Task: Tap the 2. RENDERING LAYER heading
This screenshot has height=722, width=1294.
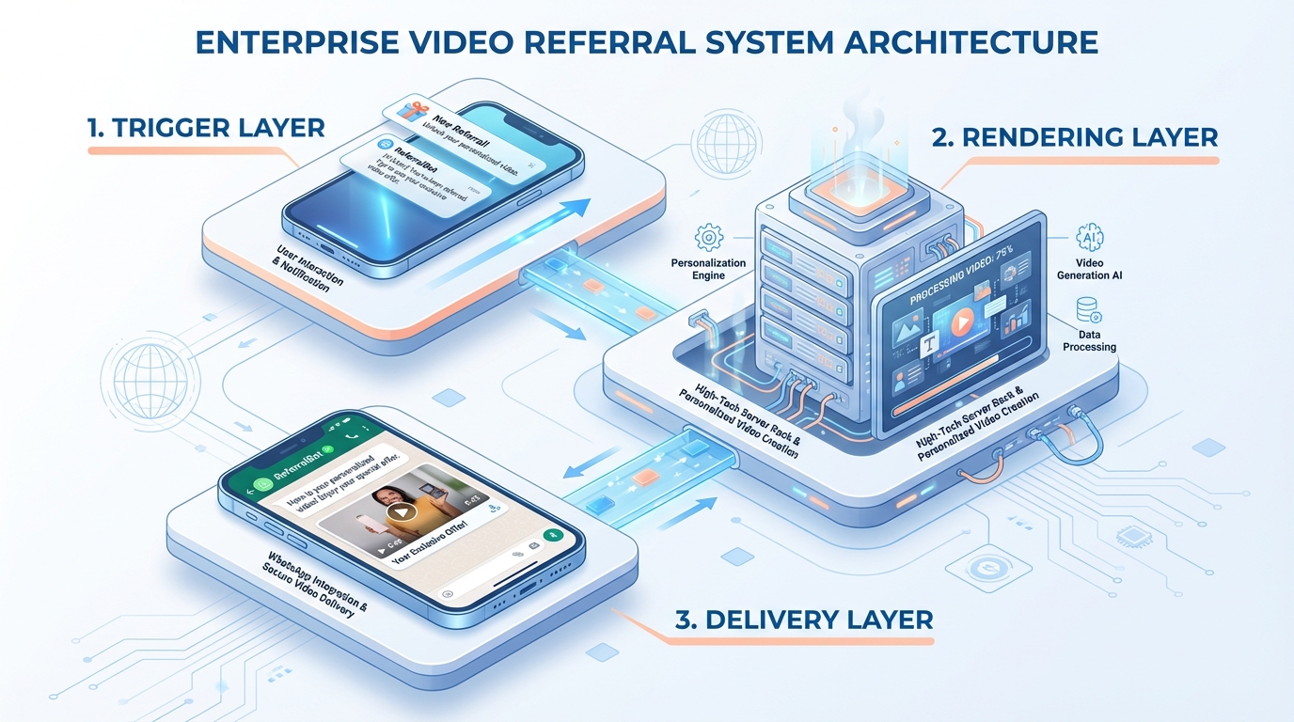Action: coord(1075,137)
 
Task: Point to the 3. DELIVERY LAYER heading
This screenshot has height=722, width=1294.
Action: coord(803,619)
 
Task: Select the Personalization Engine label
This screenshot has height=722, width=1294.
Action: coord(709,270)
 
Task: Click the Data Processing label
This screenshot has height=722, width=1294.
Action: coord(1089,340)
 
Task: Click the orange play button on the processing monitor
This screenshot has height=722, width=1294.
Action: coord(960,323)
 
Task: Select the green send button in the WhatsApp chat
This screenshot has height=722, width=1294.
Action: coord(552,535)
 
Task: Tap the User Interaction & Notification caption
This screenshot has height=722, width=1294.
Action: coord(308,270)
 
